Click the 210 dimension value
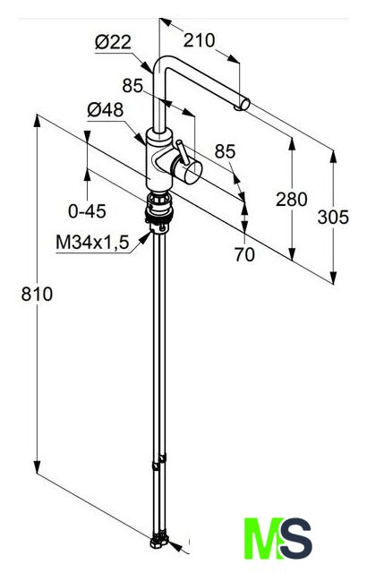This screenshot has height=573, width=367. tap(199, 40)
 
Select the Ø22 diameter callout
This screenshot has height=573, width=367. tap(113, 43)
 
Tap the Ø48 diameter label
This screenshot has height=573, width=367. tap(105, 109)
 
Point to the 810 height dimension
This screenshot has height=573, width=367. tap(37, 295)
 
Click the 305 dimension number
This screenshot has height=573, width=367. tap(333, 217)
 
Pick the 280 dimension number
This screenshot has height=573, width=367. tap(292, 200)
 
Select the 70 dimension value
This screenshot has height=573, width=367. tap(244, 254)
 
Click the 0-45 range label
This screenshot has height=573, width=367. tap(87, 211)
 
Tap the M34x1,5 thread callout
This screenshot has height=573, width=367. tap(93, 243)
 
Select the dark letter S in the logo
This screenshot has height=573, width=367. tap(295, 538)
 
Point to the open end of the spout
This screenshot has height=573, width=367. tap(245, 104)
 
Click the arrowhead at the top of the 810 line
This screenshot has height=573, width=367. tap(37, 121)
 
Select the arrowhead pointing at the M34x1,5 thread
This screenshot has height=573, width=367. tap(145, 238)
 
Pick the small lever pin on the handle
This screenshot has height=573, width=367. tap(182, 151)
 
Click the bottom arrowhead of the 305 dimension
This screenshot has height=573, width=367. tap(333, 277)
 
